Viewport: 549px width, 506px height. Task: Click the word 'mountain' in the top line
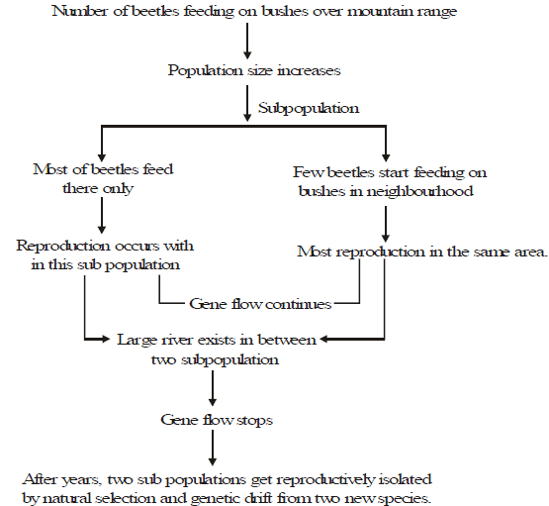(x=380, y=11)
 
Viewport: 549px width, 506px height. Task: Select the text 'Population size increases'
(x=254, y=70)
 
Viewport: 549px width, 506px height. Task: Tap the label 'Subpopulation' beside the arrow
(x=309, y=108)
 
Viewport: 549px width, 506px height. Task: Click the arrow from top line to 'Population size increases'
(x=247, y=41)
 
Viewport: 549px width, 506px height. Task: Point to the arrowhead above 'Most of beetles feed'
(x=102, y=156)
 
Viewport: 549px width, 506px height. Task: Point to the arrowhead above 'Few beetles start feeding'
(x=386, y=156)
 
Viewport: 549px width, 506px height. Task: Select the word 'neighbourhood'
(x=419, y=191)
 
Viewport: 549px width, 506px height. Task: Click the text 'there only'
(x=98, y=188)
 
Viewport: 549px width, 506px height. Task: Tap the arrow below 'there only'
(x=102, y=215)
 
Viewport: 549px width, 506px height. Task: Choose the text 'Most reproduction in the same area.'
(x=422, y=252)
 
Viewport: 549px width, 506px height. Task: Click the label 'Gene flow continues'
(x=260, y=304)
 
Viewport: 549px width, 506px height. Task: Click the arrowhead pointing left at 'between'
(x=323, y=339)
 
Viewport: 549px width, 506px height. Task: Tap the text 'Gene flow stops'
(x=217, y=420)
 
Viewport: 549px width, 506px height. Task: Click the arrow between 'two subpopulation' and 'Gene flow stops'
(x=213, y=388)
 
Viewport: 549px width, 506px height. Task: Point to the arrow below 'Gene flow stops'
(x=213, y=448)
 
